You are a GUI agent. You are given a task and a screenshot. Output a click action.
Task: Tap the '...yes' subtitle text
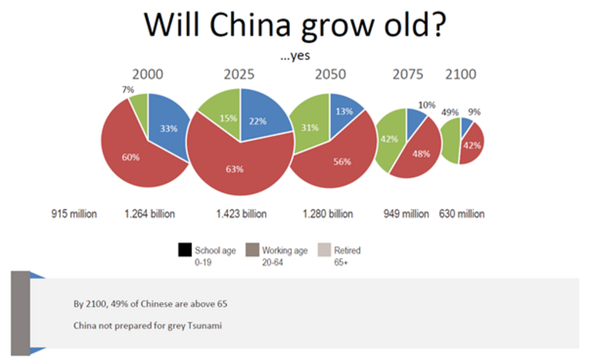click(x=296, y=55)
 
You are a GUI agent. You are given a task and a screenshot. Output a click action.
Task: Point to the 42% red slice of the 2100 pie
click(x=472, y=144)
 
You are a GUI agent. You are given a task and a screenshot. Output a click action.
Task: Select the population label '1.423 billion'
click(x=241, y=213)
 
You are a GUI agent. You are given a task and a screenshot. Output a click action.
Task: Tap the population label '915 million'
click(x=74, y=213)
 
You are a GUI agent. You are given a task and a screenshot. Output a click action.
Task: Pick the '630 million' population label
click(x=461, y=213)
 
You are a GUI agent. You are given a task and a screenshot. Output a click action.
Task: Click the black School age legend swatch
click(x=184, y=250)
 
